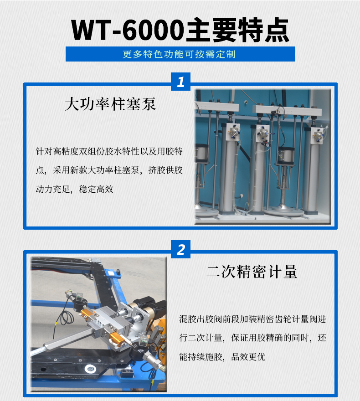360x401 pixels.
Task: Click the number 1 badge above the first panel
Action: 181,82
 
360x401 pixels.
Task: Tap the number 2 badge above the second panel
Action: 181,249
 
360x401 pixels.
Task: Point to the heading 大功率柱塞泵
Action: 110,104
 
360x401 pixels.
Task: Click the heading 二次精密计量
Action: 252,272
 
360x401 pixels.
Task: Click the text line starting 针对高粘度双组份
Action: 109,150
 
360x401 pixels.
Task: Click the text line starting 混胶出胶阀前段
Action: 252,319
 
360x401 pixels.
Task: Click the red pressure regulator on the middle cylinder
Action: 264,134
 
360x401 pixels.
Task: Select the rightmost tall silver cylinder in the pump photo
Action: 314,169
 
